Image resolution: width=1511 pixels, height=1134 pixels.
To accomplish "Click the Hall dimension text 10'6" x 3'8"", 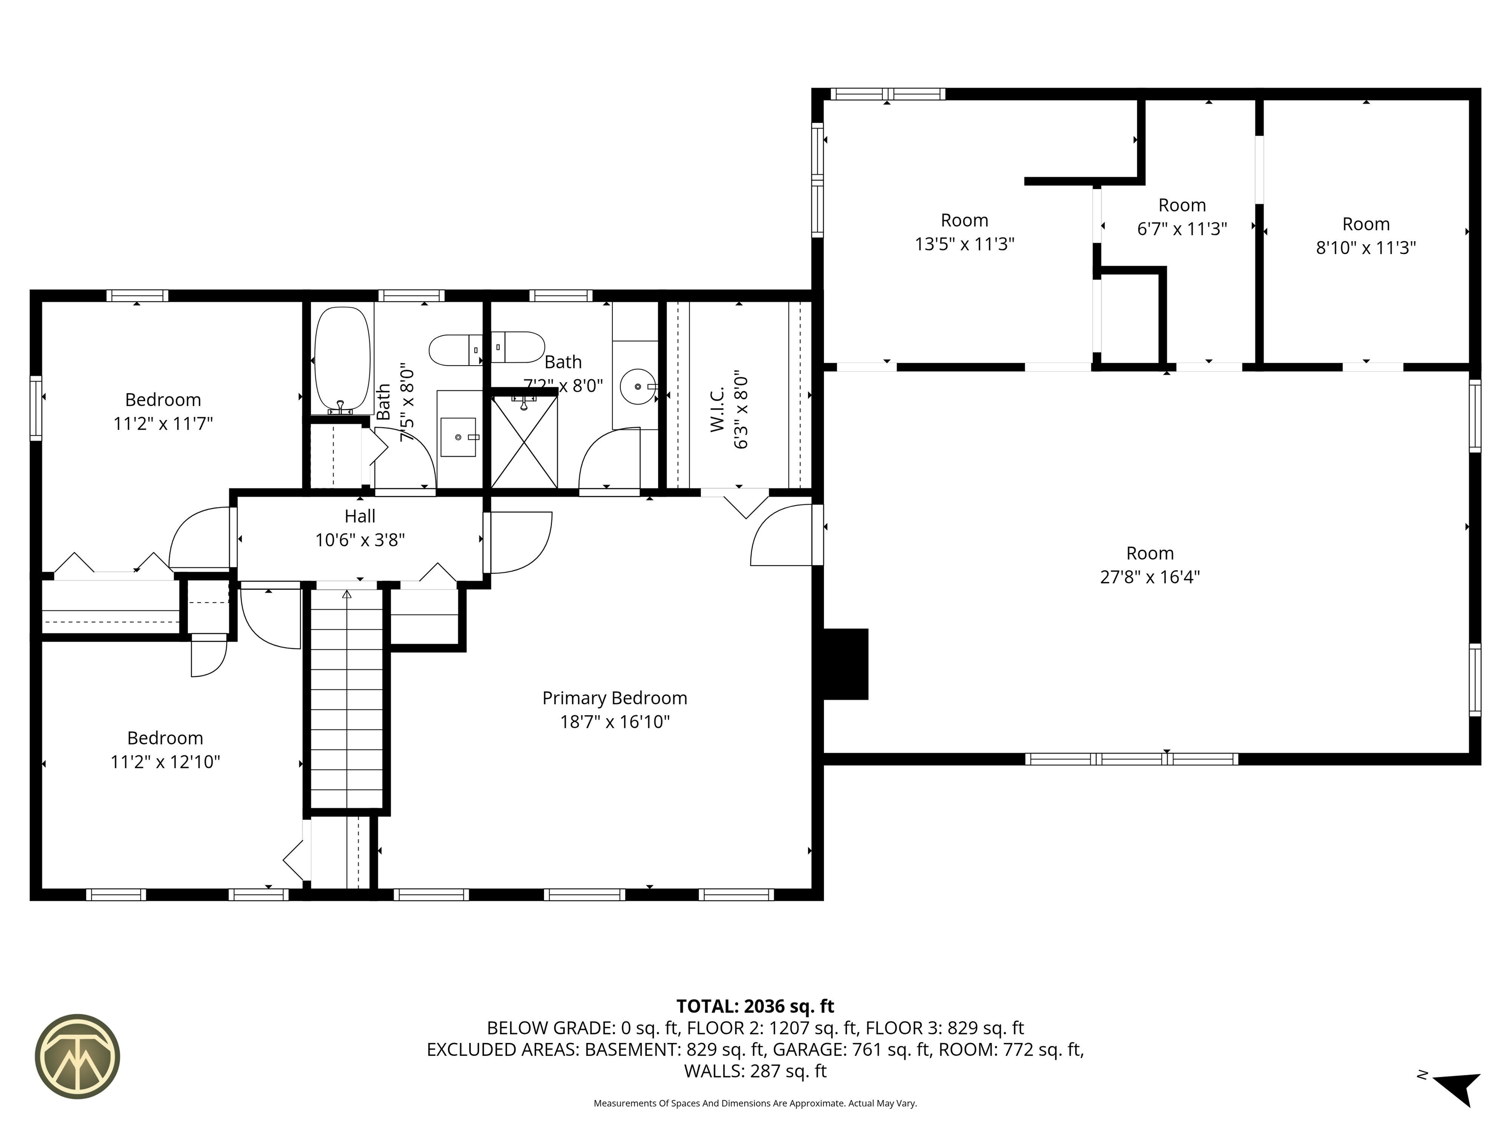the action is click(360, 540).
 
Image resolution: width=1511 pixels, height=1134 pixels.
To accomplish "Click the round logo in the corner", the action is click(78, 1056).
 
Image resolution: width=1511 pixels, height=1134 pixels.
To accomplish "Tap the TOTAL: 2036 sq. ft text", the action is click(755, 1006).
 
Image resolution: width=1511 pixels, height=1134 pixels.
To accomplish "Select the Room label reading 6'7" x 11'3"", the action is click(1182, 217).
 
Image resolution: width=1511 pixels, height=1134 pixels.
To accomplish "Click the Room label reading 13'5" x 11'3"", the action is click(965, 232).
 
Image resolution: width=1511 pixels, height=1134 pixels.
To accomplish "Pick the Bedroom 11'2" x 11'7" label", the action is click(163, 411).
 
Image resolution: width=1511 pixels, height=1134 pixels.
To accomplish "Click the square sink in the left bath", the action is click(457, 437).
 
